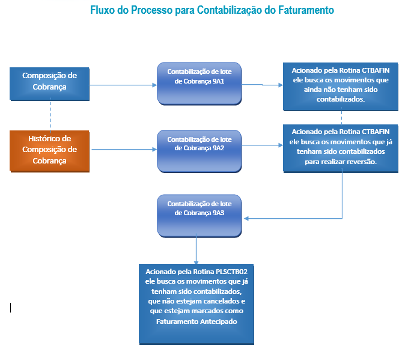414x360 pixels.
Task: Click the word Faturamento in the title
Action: (308, 11)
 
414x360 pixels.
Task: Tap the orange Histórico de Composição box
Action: (49, 150)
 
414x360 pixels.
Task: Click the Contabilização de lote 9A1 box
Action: (199, 83)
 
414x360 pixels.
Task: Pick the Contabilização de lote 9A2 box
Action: (199, 150)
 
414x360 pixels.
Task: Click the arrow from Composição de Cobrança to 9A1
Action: (123, 85)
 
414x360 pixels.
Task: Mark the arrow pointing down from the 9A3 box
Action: (196, 249)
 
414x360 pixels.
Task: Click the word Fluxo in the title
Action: (102, 11)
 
